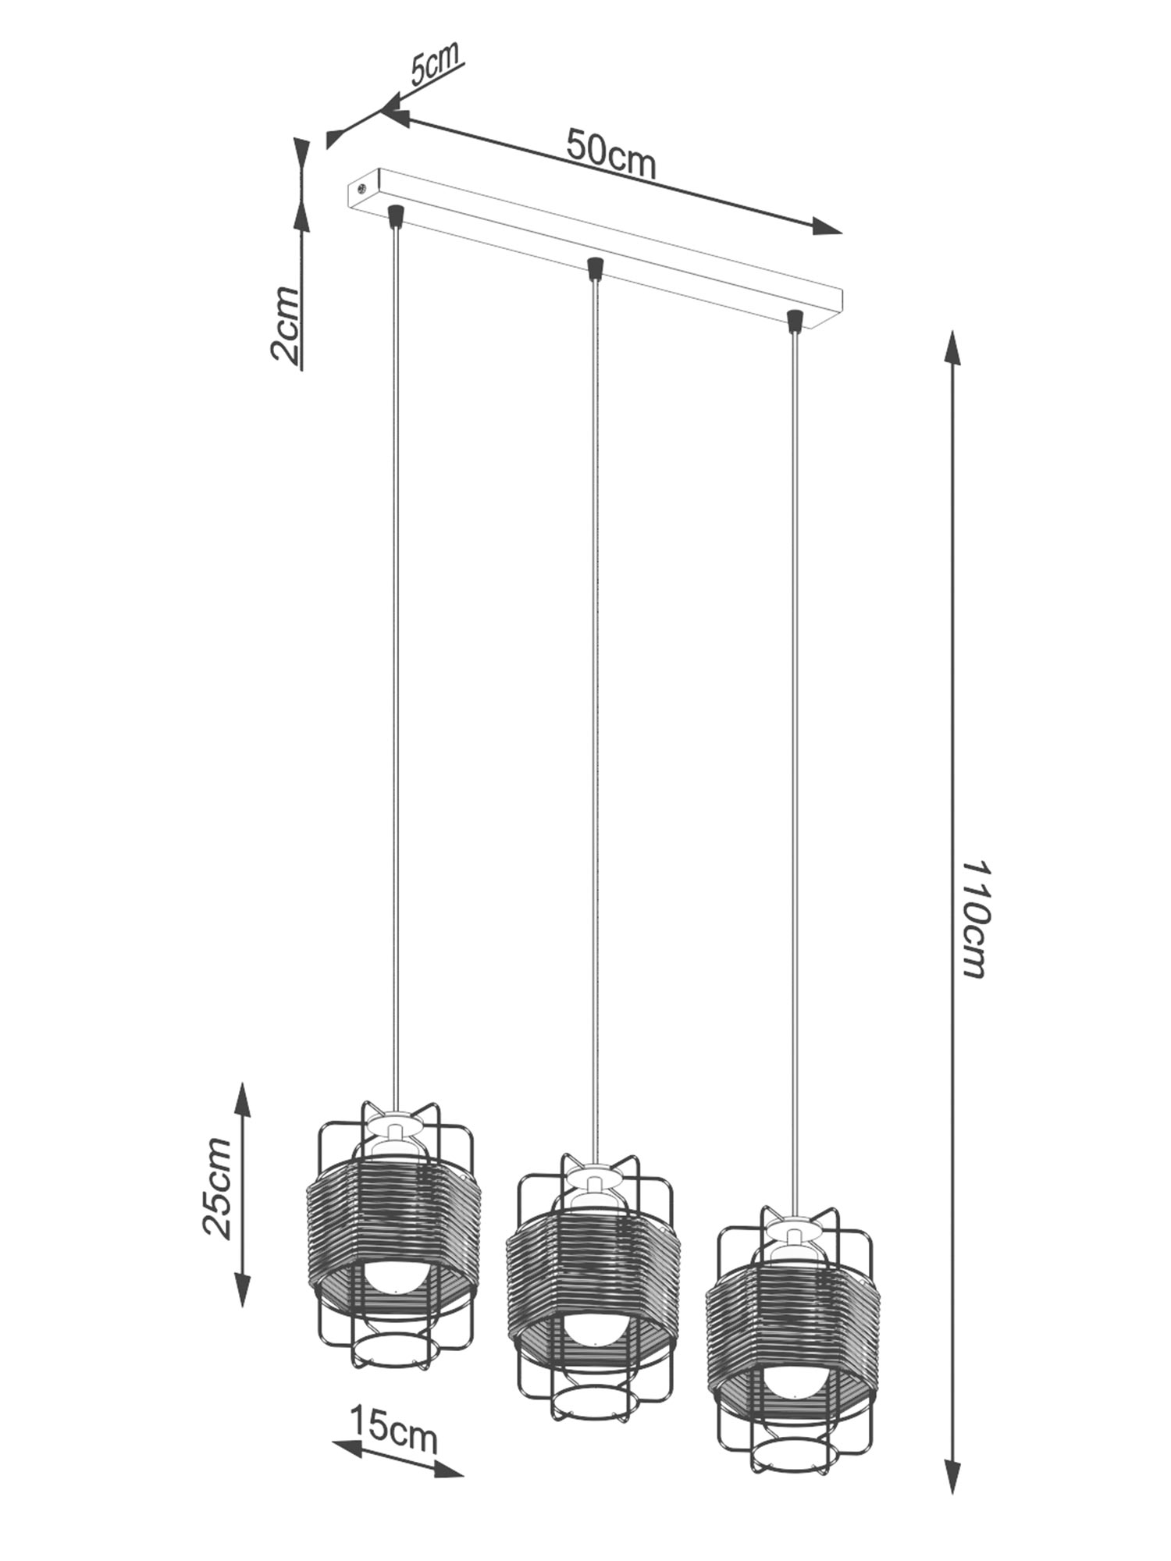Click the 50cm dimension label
coord(610,154)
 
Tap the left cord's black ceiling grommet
coord(396,214)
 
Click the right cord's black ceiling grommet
coord(795,320)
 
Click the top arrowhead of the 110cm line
coord(952,348)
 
